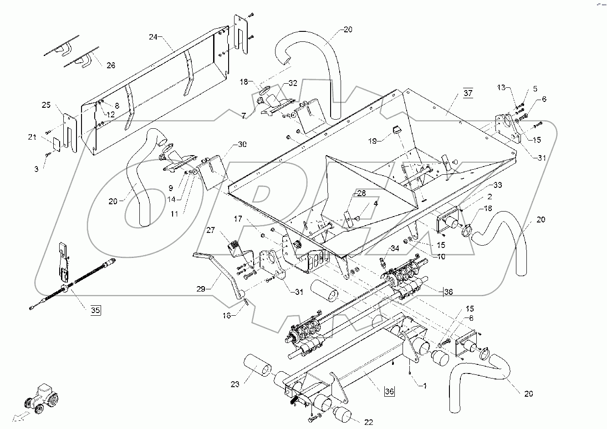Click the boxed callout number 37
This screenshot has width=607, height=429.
click(x=468, y=94)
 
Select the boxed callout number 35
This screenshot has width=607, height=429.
click(x=94, y=311)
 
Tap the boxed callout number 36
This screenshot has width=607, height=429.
click(x=389, y=391)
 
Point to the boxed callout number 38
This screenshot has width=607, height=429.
click(x=448, y=293)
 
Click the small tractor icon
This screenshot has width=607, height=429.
click(x=42, y=400)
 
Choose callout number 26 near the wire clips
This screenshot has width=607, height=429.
click(x=111, y=65)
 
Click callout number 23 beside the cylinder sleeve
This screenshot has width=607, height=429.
click(x=235, y=384)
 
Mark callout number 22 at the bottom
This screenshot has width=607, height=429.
click(x=368, y=423)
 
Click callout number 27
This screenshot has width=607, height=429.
click(x=211, y=231)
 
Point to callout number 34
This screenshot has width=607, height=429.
click(x=394, y=248)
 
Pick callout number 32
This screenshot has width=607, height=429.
click(x=292, y=83)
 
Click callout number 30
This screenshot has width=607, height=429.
click(x=242, y=145)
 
